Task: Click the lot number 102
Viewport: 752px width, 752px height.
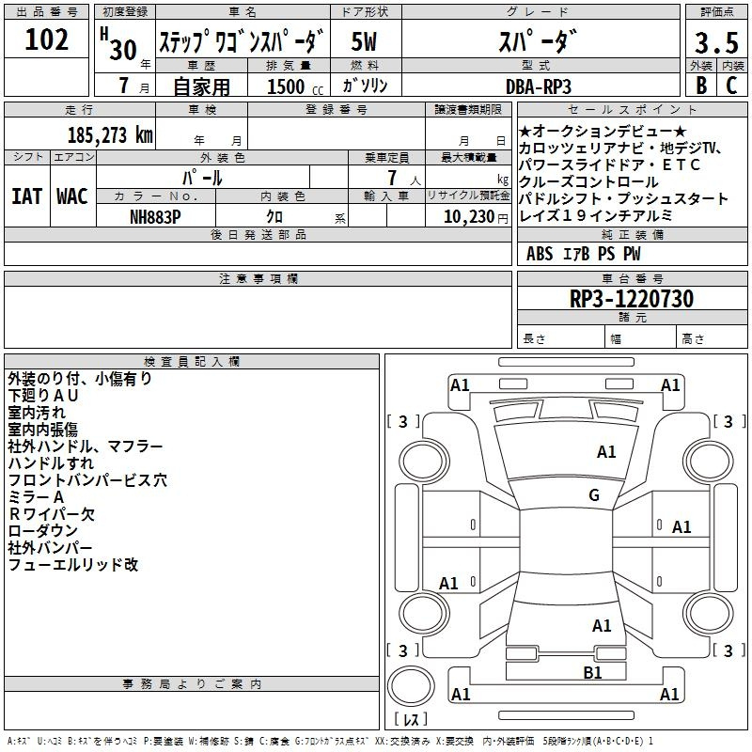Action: (47, 39)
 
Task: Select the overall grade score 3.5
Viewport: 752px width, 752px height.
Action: (716, 43)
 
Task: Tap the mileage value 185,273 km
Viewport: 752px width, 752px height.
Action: (111, 134)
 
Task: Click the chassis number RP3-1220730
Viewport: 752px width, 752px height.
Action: (632, 299)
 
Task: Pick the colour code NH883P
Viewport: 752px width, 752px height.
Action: (156, 215)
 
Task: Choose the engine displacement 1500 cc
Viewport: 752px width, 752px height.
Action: (291, 86)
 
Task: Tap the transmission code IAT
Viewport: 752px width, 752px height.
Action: (27, 196)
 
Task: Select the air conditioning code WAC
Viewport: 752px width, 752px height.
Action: (72, 196)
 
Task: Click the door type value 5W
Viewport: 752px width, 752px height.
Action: (365, 42)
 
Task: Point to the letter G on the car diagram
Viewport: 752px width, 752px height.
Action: (594, 495)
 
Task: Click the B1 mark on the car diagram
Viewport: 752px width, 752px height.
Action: (592, 672)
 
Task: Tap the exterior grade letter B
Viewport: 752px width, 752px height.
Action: (700, 86)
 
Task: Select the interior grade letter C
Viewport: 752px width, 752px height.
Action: (732, 86)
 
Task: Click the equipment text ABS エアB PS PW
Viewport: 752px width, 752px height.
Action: (584, 253)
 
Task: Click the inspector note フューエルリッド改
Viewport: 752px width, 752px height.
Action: (73, 565)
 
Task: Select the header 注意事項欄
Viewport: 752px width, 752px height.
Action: (258, 278)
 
